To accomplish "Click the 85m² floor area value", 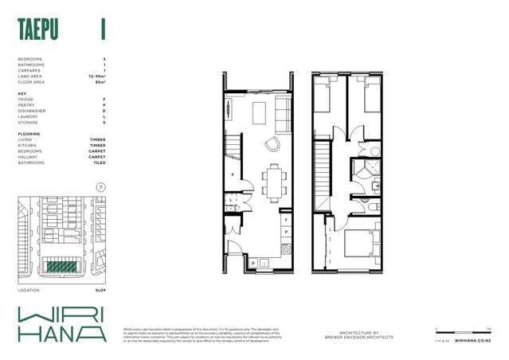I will (x=100, y=81).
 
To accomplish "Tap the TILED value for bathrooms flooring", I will (x=99, y=162).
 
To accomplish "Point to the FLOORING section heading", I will (x=30, y=134).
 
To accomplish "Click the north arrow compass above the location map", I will (x=99, y=186).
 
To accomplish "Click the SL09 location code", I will (x=100, y=292).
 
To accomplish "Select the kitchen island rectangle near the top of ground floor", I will (x=260, y=114).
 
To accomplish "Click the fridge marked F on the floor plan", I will (x=284, y=217).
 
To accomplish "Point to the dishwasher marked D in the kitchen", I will (x=253, y=262).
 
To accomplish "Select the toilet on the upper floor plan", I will (x=374, y=205).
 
